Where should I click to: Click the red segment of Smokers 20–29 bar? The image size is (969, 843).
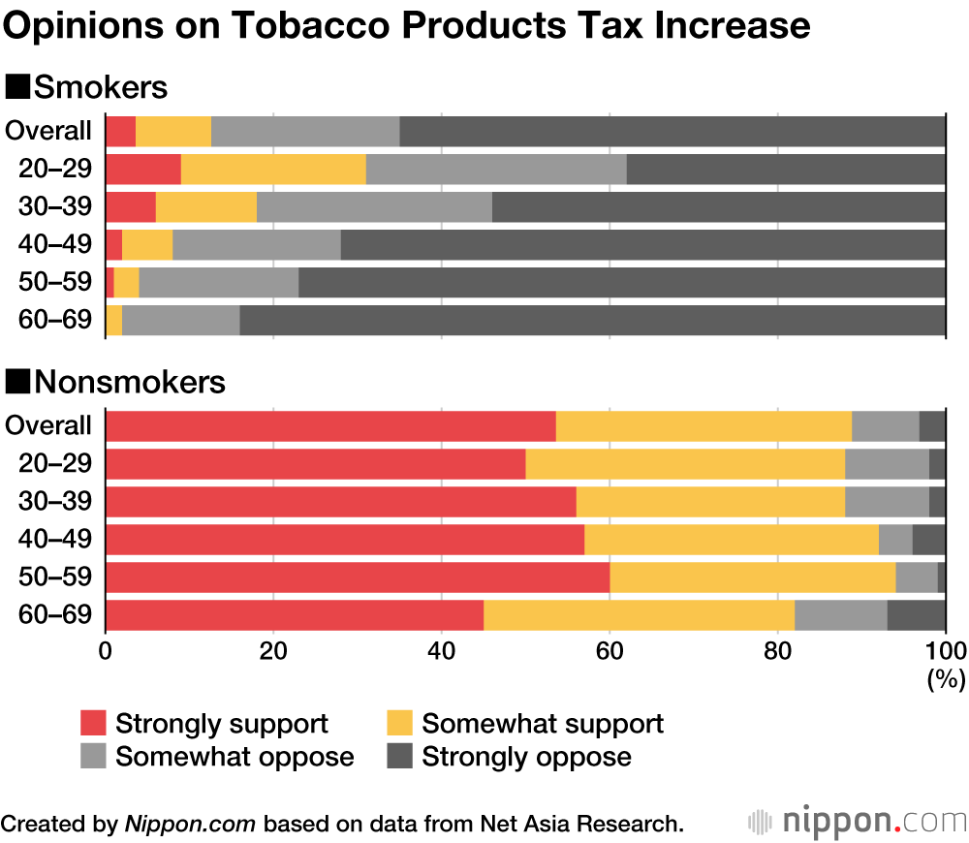[x=143, y=169]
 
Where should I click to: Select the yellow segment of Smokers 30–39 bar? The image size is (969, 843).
[x=206, y=206]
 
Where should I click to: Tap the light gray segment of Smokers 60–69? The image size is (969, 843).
[x=180, y=320]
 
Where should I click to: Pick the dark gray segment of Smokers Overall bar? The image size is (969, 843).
[x=672, y=131]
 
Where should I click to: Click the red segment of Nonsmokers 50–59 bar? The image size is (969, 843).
[x=358, y=577]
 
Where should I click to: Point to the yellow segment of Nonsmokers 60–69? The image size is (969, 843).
[x=639, y=615]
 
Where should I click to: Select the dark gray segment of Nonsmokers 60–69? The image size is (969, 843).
[x=916, y=615]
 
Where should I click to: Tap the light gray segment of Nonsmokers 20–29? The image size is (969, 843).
[x=887, y=463]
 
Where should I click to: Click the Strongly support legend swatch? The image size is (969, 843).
[x=93, y=723]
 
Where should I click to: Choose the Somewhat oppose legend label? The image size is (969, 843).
[x=234, y=757]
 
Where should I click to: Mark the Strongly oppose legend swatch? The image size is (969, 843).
[x=400, y=757]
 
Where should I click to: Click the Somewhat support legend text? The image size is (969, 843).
[x=543, y=723]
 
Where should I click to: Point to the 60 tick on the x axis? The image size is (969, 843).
[x=610, y=650]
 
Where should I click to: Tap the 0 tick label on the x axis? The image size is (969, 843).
[x=106, y=650]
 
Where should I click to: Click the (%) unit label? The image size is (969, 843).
[x=941, y=679]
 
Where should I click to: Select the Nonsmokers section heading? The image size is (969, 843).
[x=116, y=382]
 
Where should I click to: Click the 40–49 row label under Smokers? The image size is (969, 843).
[x=56, y=244]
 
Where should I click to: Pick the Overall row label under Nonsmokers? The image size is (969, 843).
[x=48, y=425]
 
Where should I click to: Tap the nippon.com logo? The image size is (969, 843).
[x=857, y=822]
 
